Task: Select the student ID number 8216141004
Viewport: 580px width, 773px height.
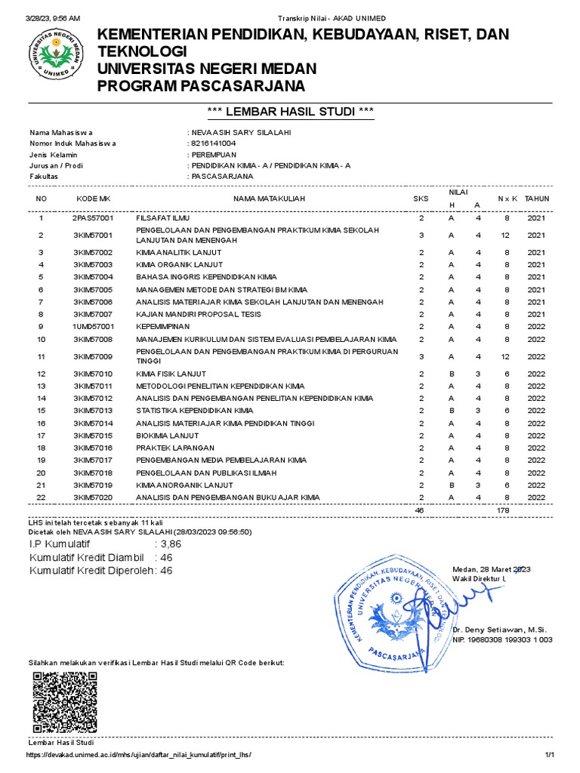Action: pos(213,143)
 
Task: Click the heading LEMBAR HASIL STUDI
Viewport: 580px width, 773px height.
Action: pos(291,112)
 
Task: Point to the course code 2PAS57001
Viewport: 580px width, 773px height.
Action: pos(93,218)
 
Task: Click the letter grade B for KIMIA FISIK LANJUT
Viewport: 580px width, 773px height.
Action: pos(451,374)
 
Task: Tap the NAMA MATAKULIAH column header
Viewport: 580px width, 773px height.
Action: pos(269,199)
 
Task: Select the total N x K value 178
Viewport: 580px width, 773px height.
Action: pos(503,511)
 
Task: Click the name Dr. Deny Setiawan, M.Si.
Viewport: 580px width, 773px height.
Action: pos(499,629)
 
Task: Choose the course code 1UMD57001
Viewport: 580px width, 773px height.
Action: pos(93,326)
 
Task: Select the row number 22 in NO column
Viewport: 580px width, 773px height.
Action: pos(42,497)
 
